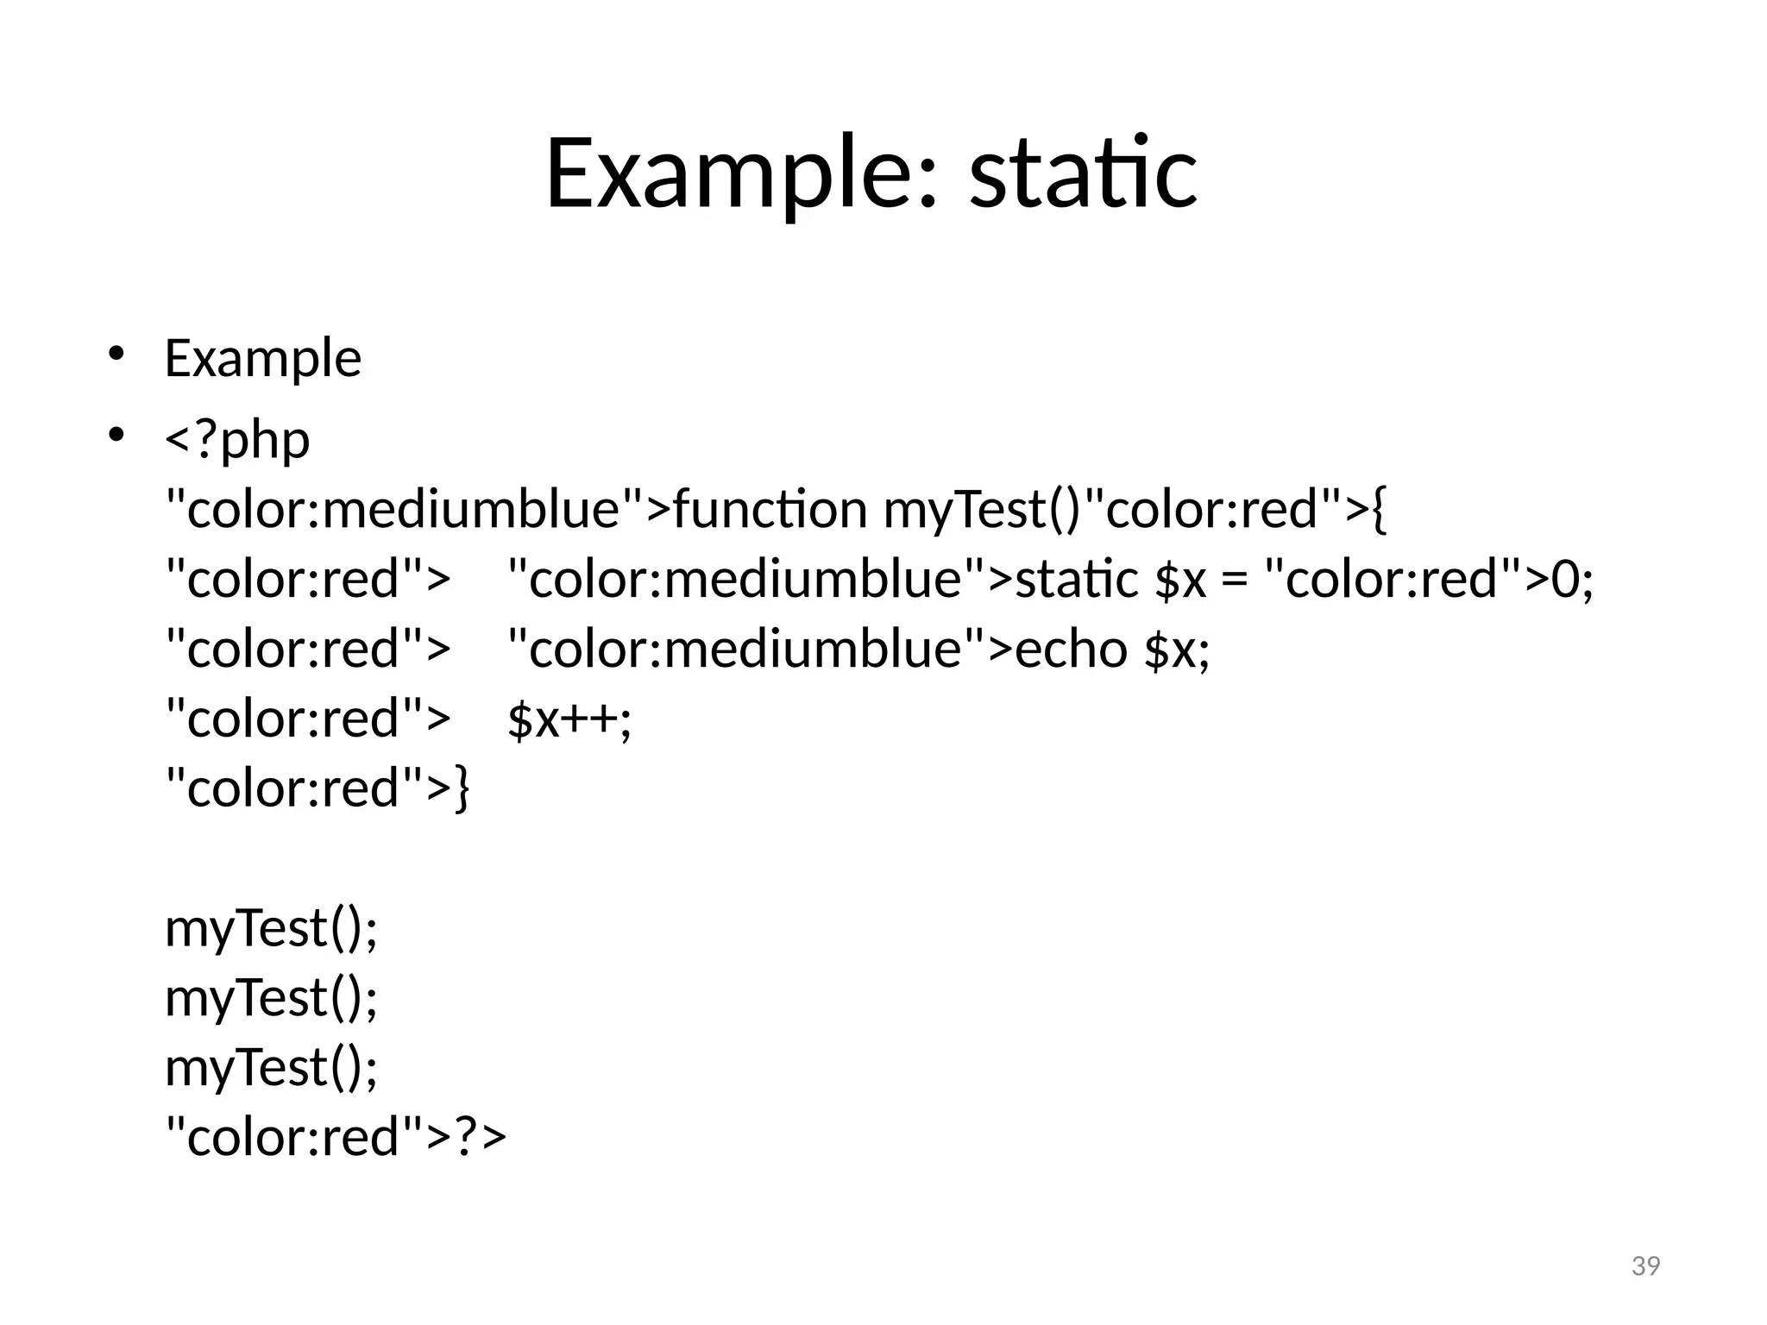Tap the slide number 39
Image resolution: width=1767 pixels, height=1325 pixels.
tap(1645, 1265)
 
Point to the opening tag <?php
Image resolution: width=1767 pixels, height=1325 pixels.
tap(237, 440)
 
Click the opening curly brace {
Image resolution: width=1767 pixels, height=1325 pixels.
tap(1377, 511)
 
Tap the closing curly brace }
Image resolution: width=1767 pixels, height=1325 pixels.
tap(462, 789)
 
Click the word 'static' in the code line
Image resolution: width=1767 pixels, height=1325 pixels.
tap(1076, 579)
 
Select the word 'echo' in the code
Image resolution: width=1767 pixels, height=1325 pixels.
tap(1070, 649)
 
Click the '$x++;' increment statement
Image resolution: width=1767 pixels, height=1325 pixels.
tap(569, 719)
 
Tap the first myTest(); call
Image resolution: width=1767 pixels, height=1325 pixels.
tap(271, 929)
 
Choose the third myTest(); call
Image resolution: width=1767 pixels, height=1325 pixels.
tap(271, 1068)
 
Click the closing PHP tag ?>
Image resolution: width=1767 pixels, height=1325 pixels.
tap(480, 1137)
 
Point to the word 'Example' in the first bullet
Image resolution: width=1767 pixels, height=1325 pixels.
tap(262, 358)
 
